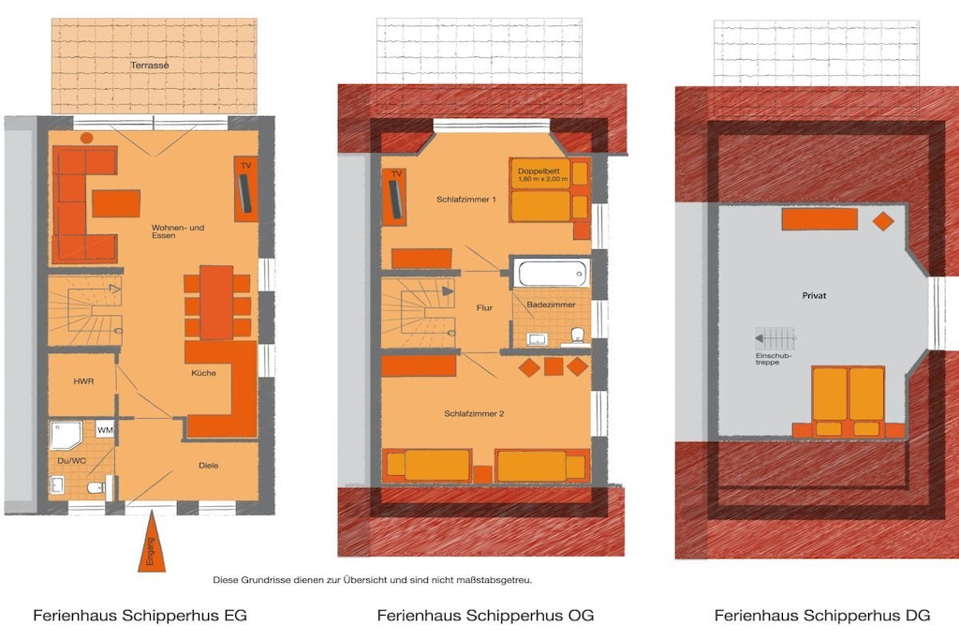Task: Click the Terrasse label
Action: [x=149, y=65]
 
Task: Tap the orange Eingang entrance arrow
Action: [x=151, y=543]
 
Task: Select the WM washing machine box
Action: [x=105, y=429]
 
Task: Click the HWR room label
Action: [x=83, y=381]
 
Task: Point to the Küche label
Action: [x=203, y=373]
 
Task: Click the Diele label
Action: [x=209, y=465]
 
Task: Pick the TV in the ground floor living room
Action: [x=245, y=189]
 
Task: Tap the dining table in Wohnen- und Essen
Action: [x=216, y=303]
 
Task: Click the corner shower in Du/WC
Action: [x=66, y=435]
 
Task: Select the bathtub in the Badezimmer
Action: [x=551, y=273]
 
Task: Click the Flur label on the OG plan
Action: [x=484, y=307]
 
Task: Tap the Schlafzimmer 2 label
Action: [x=474, y=413]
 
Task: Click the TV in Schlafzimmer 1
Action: [x=395, y=198]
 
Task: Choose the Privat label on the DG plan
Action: [x=814, y=295]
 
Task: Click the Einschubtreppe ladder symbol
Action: [x=775, y=338]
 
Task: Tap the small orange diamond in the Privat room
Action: [x=883, y=220]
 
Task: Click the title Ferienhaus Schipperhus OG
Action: [x=485, y=615]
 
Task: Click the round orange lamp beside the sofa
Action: [x=87, y=138]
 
